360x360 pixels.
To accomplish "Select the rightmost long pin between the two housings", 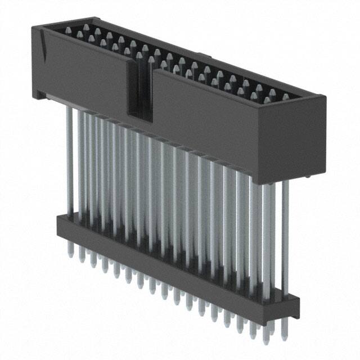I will point(286,236).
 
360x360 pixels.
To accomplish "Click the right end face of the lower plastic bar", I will point(295,306).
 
